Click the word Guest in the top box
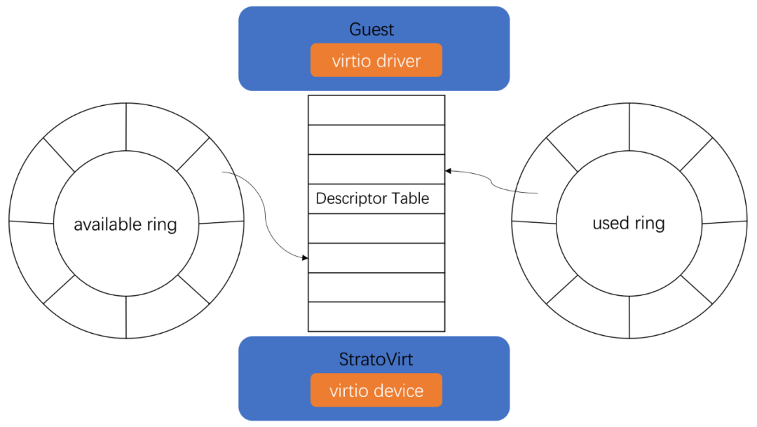point(371,29)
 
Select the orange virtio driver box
point(376,60)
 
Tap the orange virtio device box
point(376,391)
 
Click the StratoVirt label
point(376,360)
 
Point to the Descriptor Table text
point(372,198)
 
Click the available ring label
point(125,224)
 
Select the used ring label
point(628,223)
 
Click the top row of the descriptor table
point(376,110)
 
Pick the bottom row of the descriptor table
point(376,316)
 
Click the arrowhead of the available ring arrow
point(305,258)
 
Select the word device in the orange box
point(397,391)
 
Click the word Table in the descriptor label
point(410,198)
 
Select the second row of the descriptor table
point(376,140)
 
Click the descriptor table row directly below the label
point(376,228)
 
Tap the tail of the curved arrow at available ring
point(223,172)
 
